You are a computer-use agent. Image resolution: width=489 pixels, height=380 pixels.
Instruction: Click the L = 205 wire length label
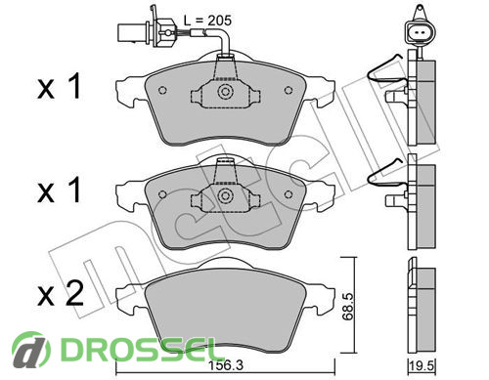pos(207,21)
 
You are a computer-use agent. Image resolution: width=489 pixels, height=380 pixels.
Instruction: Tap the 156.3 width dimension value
pos(226,365)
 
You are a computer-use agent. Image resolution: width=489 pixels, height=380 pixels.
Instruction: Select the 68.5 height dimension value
pos(348,306)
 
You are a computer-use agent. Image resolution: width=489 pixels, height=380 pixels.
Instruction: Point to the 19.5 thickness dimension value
pos(422,366)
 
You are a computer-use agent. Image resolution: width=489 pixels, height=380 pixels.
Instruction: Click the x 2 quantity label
pos(61,294)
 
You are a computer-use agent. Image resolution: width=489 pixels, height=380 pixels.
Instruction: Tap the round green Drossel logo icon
pos(31,350)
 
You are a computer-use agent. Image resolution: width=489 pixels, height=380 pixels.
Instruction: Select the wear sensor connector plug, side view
pos(147,31)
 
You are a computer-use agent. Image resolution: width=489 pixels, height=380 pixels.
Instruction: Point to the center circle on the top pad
pos(225,91)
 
